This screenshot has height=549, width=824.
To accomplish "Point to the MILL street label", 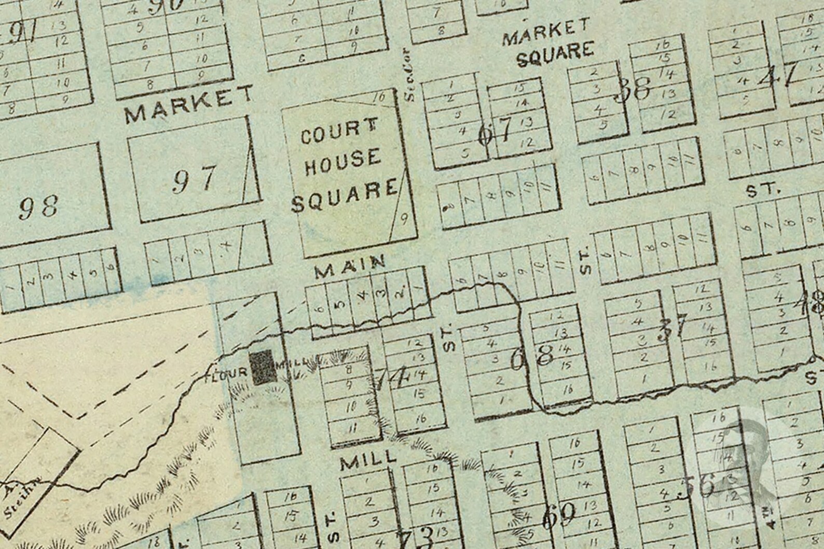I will point(368,461).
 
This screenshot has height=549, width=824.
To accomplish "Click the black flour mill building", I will point(263,367).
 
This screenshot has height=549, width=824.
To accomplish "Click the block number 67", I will point(495,131).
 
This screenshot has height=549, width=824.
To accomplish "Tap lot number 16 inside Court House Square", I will point(379,97).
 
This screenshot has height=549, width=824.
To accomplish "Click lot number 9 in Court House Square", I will point(404,219).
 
